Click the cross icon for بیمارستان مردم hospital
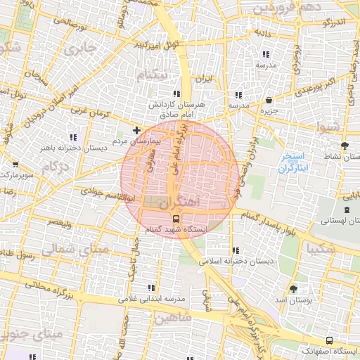pos(136,131)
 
